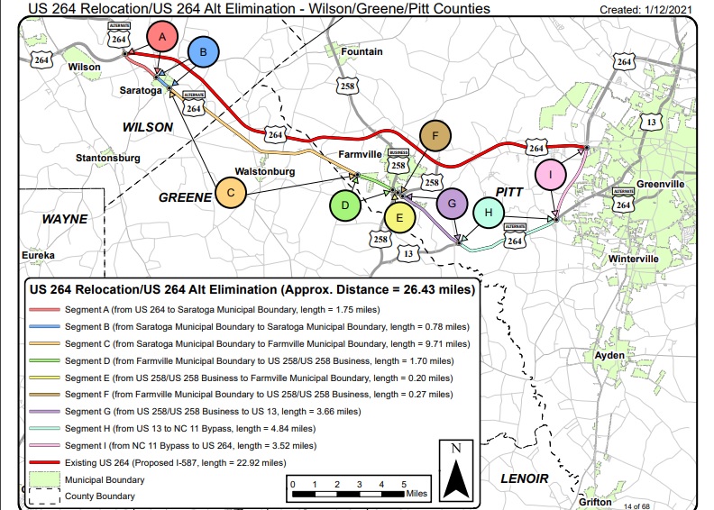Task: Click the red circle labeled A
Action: click(x=162, y=38)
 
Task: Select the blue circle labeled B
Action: click(x=203, y=53)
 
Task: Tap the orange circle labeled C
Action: click(x=231, y=192)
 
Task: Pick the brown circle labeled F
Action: click(x=435, y=137)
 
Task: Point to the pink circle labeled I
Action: click(x=549, y=174)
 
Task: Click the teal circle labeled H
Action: click(x=488, y=214)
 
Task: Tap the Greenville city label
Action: click(x=661, y=184)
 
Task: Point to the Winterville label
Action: click(x=661, y=260)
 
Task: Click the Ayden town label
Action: click(x=609, y=356)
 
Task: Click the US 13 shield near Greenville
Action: click(x=652, y=121)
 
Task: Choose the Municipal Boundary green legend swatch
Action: click(x=43, y=480)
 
